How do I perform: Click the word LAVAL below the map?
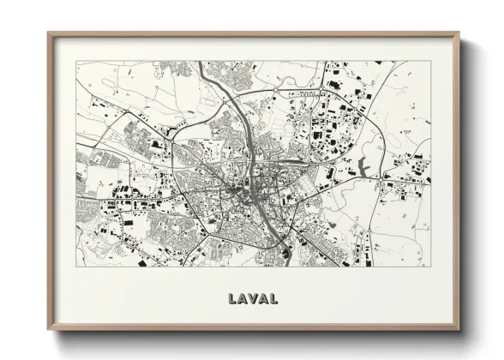[253, 299]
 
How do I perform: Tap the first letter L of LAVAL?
[232, 299]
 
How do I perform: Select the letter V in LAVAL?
[253, 299]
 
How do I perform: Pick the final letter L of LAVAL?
[273, 299]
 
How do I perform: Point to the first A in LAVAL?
[242, 299]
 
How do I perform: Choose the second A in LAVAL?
[263, 299]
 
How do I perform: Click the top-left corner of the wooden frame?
[48, 33]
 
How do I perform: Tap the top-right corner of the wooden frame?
[459, 33]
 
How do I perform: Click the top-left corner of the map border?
[76, 61]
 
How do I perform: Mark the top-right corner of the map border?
[431, 61]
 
